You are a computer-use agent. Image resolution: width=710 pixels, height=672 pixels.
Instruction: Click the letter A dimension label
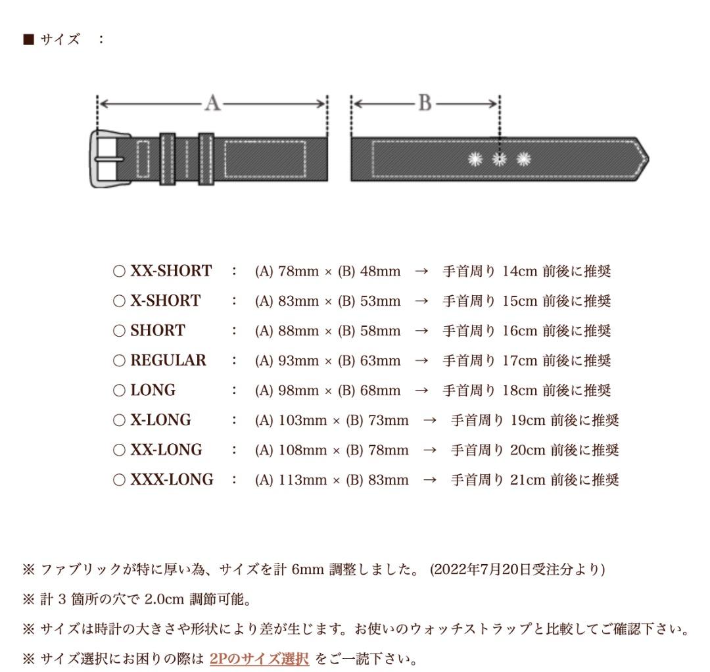212,103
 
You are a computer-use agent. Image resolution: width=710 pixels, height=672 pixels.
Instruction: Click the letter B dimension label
425,103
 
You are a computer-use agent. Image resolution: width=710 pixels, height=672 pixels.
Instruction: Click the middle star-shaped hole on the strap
499,158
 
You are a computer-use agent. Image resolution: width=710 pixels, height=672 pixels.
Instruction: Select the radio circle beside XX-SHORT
119,272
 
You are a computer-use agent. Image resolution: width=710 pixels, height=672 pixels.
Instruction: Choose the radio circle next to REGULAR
119,361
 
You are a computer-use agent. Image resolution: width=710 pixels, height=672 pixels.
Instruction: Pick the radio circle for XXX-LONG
119,480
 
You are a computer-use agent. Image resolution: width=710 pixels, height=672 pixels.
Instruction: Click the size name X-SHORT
165,301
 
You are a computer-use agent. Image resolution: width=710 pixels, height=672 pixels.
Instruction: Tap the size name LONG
153,391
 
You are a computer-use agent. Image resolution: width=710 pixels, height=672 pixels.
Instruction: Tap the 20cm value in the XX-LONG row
528,450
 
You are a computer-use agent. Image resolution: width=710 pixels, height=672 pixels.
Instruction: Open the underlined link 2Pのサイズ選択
259,658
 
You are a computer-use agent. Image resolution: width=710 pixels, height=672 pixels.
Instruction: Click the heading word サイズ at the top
60,39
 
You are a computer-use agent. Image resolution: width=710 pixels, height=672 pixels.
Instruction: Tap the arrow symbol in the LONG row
421,391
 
